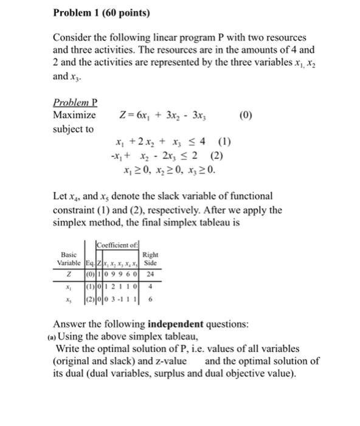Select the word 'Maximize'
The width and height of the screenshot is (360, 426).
pos(74,115)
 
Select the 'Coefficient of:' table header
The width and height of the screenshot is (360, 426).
pos(118,245)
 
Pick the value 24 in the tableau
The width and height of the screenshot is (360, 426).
pos(150,275)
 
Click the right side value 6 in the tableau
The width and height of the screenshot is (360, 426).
pos(150,299)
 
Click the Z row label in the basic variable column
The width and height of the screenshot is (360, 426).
pos(72,275)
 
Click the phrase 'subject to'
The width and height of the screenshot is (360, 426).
pos(73,129)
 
